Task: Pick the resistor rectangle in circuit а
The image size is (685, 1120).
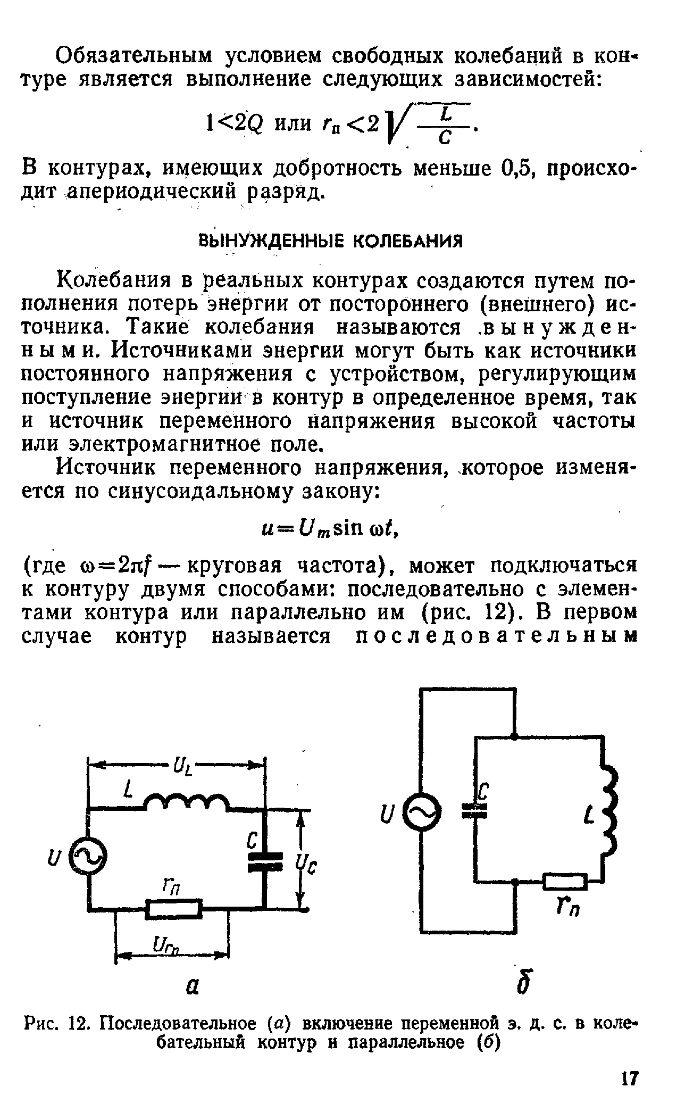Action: (174, 909)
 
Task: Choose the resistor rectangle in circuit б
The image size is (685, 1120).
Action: (565, 882)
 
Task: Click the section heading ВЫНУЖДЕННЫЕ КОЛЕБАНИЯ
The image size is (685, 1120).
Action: (330, 241)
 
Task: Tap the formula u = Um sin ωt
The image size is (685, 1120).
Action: (330, 529)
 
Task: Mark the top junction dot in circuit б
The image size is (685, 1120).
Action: (514, 737)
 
